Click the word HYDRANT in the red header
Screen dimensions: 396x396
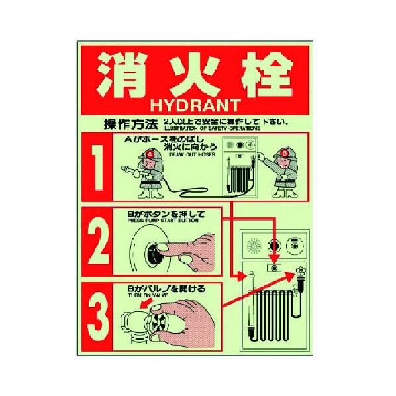pos(198,105)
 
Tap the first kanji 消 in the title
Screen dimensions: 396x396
pos(122,72)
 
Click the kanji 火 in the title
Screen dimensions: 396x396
pos(194,72)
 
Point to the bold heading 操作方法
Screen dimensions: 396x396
pos(131,124)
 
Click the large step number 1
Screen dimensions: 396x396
pos(99,170)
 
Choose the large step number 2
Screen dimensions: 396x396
pos(99,244)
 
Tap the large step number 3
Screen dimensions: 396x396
pos(99,316)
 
